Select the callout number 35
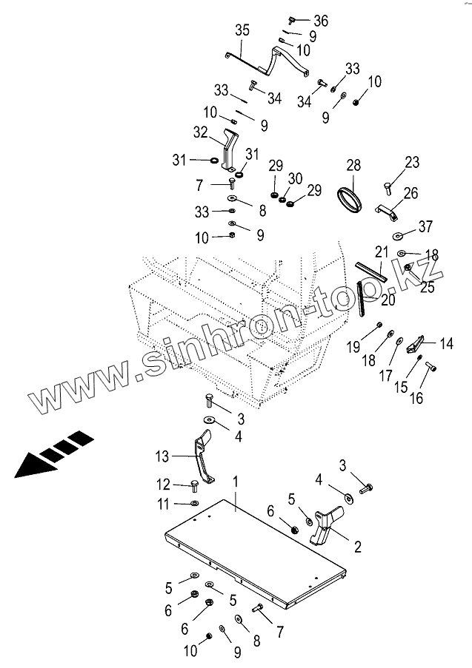point(242,30)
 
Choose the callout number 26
point(410,194)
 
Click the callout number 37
point(425,226)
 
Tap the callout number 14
point(446,343)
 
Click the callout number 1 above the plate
point(235,482)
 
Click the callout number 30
point(295,178)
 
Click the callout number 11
point(163,504)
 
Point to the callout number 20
point(388,299)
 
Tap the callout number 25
point(428,287)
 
